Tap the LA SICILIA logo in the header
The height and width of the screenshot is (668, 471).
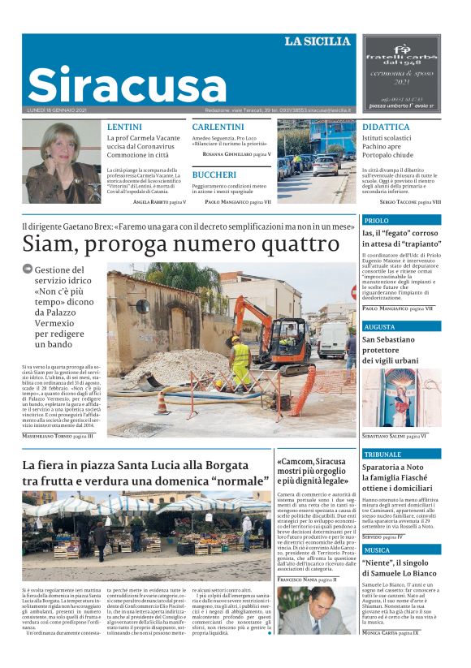pos(318,41)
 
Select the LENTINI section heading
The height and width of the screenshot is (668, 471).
pos(123,127)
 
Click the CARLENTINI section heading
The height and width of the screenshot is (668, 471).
pos(218,127)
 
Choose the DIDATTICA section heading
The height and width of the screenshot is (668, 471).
pos(386,127)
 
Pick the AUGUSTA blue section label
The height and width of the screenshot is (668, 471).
pos(379,326)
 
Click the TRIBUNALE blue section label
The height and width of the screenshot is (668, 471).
pos(382,455)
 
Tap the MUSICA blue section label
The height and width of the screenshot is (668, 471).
pos(377,550)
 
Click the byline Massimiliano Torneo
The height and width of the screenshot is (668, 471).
pos(58,437)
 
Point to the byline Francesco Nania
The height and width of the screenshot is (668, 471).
pos(305,580)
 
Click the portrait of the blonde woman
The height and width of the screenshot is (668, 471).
pos(62,162)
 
